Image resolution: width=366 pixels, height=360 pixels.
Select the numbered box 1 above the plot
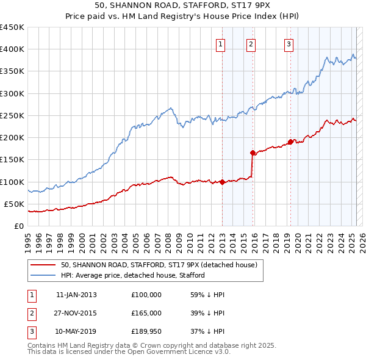pos(220,43)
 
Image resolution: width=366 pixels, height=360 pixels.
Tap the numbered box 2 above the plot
pos(251,43)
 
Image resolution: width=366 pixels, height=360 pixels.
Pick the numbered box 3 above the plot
pos(289,43)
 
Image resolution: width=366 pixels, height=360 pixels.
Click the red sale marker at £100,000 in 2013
pos(222,182)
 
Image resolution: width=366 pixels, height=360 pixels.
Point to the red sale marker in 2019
pos(290,142)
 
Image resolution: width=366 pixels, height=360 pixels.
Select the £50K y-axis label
pos(15,204)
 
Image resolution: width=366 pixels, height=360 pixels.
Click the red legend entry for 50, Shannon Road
pos(159,265)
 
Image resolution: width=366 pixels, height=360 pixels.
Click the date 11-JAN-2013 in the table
pos(76,295)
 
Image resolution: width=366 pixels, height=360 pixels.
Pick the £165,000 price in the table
pos(146,312)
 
